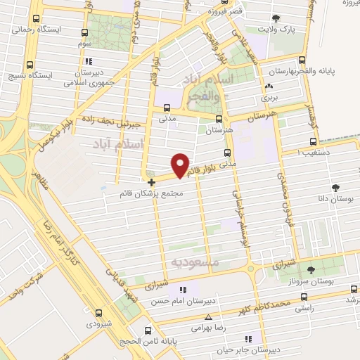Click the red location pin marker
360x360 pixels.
click(181, 165)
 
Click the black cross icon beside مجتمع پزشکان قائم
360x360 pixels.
click(151, 182)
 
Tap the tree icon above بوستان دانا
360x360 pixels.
click(335, 188)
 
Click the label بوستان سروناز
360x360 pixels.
click(314, 280)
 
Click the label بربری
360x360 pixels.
click(267, 98)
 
